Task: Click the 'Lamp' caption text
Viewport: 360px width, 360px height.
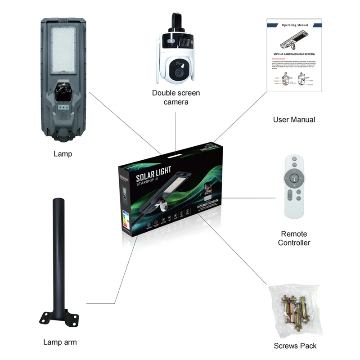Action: point(63,154)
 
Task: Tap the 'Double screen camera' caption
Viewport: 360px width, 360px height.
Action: point(176,98)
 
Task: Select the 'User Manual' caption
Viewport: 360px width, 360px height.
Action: point(294,120)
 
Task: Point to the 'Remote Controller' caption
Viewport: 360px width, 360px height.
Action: point(294,238)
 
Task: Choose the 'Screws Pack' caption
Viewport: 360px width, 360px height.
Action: point(295,346)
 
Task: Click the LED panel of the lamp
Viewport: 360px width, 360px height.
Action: point(63,49)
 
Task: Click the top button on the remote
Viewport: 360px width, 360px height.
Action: point(295,159)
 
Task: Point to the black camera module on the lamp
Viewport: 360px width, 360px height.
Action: point(63,92)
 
